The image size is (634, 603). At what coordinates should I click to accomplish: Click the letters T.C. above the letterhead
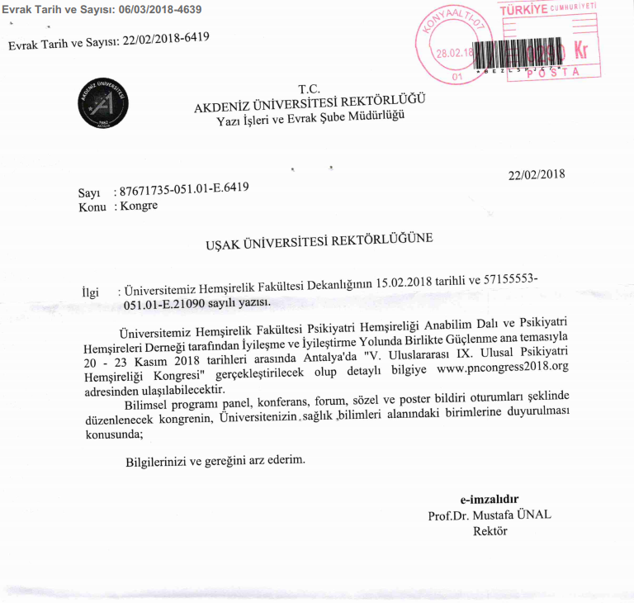tap(309, 89)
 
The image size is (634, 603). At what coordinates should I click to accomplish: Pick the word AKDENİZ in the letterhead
tap(225, 107)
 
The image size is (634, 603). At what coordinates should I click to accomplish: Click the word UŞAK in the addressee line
tap(225, 245)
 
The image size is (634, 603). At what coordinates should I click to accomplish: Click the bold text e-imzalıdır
tap(490, 499)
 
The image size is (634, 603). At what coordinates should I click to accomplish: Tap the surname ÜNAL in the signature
tap(533, 515)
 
